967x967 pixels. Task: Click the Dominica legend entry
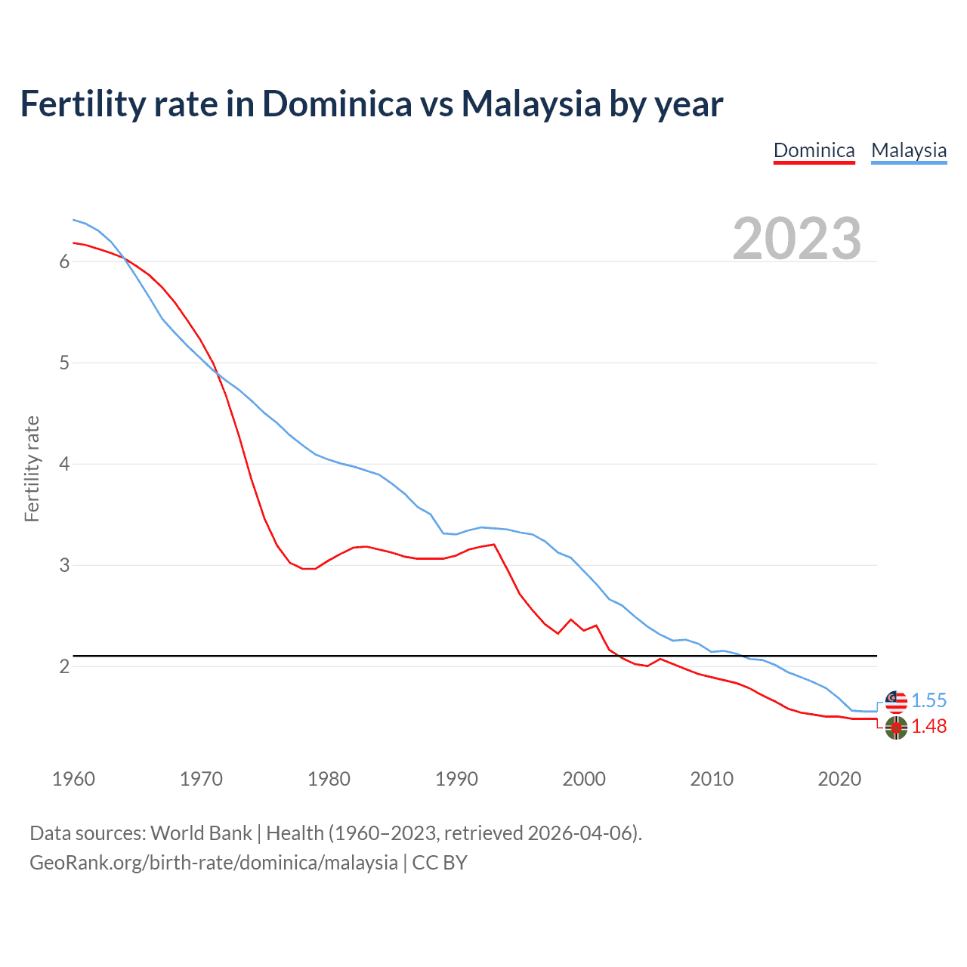pos(814,150)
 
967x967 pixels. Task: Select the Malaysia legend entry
pos(909,150)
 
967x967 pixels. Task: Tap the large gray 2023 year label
pos(796,239)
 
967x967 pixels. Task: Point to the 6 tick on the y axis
pos(64,261)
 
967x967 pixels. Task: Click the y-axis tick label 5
pos(64,363)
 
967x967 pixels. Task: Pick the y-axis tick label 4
pos(64,464)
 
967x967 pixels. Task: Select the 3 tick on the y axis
pos(64,565)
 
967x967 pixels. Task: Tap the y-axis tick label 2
pos(64,666)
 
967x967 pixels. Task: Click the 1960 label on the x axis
pos(73,779)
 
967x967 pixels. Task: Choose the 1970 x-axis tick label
pos(201,779)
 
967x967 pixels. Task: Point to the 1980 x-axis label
pos(329,779)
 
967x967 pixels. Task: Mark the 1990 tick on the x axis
pos(456,779)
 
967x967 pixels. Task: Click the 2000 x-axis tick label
pos(584,779)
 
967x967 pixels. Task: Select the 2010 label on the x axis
pos(712,779)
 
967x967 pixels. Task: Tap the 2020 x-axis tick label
pos(839,779)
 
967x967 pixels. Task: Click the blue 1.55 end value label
pos(928,700)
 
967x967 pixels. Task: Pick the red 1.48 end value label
pos(928,726)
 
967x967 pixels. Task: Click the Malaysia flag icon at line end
pos(896,701)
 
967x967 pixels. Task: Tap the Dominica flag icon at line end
pos(896,728)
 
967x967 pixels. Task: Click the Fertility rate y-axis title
pos(32,468)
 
